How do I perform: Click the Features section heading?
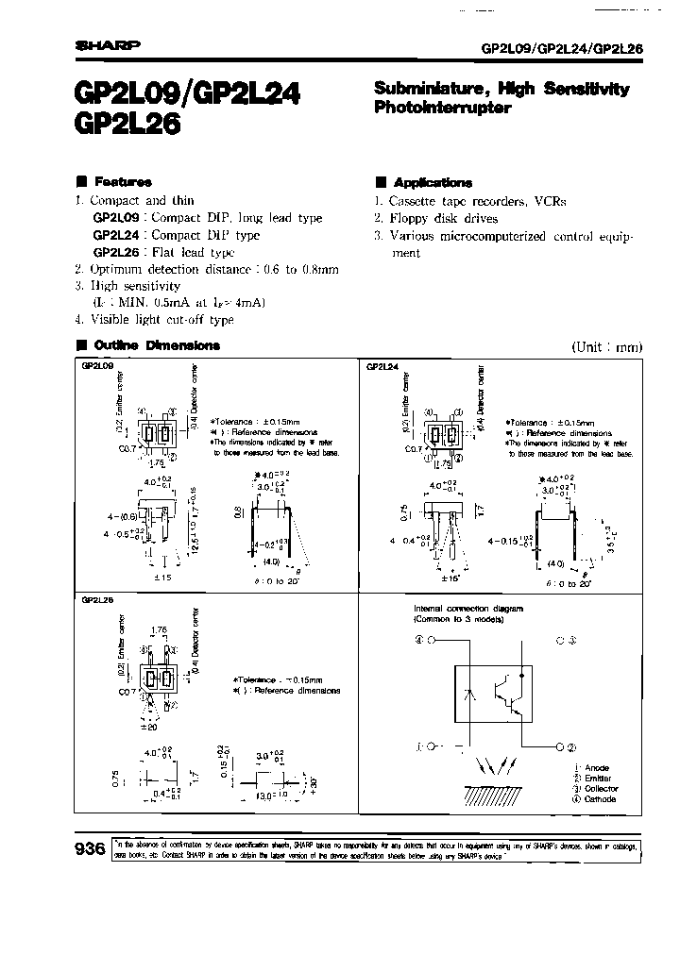[121, 182]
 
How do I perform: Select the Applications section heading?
[432, 182]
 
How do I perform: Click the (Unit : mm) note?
[606, 346]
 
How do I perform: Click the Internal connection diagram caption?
[462, 610]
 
